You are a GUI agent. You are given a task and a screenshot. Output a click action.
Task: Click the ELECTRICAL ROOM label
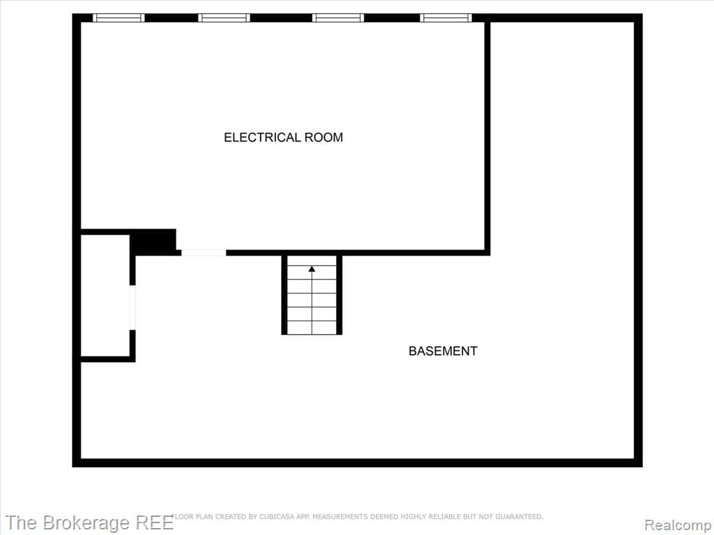point(283,137)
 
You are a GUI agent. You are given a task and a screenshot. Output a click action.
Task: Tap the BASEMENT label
point(443,351)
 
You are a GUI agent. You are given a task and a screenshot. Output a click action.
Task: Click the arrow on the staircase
point(312,268)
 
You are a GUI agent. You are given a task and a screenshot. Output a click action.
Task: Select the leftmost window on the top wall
point(119,18)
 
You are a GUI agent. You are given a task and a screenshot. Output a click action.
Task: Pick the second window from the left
point(224,18)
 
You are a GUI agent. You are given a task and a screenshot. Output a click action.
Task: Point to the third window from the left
point(338,18)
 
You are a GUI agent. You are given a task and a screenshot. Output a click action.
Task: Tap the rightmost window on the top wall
point(446,18)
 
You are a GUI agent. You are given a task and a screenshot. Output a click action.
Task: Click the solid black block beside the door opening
point(153,242)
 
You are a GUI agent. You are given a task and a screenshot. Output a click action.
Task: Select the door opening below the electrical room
point(204,252)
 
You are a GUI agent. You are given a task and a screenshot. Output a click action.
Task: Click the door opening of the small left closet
point(132,307)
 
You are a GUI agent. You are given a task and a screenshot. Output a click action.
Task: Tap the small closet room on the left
point(105,296)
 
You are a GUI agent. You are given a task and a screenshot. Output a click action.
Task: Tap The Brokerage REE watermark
point(89,523)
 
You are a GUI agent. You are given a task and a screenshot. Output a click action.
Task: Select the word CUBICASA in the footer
point(256,517)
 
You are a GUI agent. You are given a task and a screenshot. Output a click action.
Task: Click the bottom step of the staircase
point(312,327)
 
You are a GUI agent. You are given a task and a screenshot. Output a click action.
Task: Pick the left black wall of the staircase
point(284,295)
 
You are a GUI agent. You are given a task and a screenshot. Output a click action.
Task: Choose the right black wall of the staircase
point(340,295)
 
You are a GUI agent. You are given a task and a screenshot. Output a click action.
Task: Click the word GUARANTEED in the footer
point(519,517)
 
